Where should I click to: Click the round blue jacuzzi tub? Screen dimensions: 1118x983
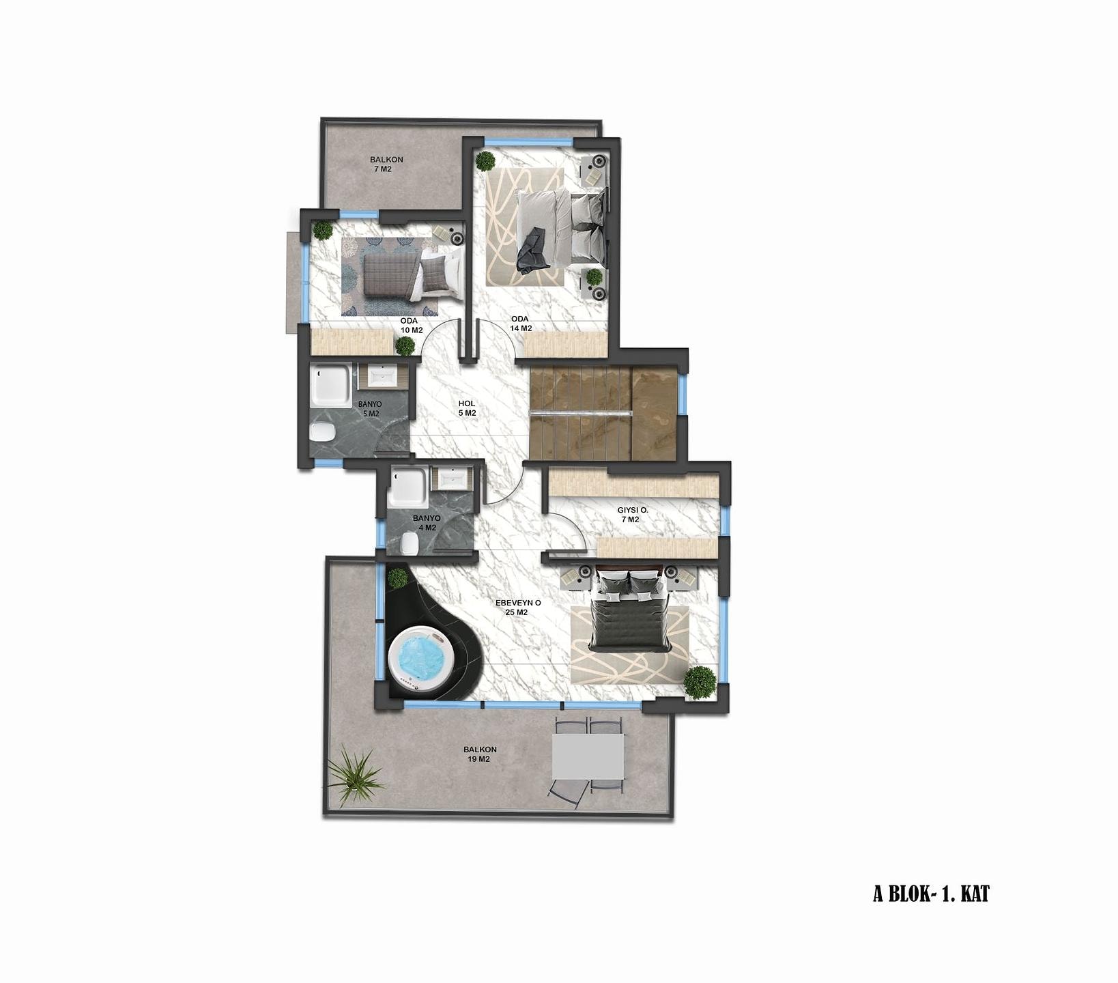420,660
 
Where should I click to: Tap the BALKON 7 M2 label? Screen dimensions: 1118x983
387,164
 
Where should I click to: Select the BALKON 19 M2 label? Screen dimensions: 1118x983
481,754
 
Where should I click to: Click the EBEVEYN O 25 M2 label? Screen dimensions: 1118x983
518,608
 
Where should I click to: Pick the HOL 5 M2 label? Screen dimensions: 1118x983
467,408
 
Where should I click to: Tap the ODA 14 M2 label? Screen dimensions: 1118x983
521,324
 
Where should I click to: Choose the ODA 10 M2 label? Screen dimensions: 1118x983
411,326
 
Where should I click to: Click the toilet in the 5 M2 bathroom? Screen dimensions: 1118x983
322,431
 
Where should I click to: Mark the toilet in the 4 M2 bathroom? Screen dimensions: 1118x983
410,543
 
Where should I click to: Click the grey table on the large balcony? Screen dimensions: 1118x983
588,756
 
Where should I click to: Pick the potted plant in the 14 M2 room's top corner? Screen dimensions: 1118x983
485,161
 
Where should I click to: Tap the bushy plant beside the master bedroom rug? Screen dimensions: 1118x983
700,681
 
